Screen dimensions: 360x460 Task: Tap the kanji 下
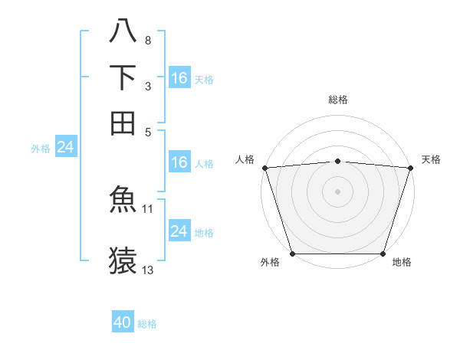[123, 77]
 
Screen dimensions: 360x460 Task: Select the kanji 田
[123, 123]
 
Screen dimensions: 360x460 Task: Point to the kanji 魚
[123, 199]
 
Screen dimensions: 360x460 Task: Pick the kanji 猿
[123, 260]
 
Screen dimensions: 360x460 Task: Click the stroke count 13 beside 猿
[148, 270]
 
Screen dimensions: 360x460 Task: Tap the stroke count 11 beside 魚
[148, 208]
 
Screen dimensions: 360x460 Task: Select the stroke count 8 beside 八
[147, 40]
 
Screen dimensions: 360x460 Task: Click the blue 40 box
[123, 322]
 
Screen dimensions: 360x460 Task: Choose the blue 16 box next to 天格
[179, 77]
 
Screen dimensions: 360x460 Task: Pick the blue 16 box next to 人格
[179, 162]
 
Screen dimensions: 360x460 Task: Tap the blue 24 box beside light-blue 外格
[65, 147]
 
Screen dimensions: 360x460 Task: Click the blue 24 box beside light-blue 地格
[179, 231]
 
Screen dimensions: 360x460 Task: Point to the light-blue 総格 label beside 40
[147, 324]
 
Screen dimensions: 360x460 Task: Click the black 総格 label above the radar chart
[337, 100]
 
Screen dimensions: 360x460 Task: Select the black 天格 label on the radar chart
[431, 159]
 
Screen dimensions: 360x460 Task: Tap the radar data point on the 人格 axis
[264, 168]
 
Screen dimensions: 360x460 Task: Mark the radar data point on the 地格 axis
[383, 254]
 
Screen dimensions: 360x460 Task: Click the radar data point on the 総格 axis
[337, 161]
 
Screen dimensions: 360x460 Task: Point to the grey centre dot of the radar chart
[337, 191]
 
